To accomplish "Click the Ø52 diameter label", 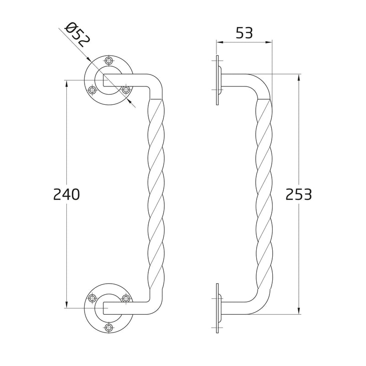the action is click(x=77, y=35).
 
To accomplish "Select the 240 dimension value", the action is click(x=66, y=194).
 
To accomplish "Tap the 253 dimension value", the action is click(x=299, y=194).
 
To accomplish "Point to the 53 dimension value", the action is click(x=244, y=33).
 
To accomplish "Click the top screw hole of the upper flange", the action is click(x=109, y=60).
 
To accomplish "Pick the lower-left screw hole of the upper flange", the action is click(x=92, y=90).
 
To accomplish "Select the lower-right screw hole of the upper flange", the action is click(x=126, y=90).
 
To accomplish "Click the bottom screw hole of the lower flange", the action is click(x=109, y=327).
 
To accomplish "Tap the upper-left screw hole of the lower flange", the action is click(x=92, y=298).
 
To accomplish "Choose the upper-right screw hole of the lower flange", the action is click(x=126, y=298).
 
